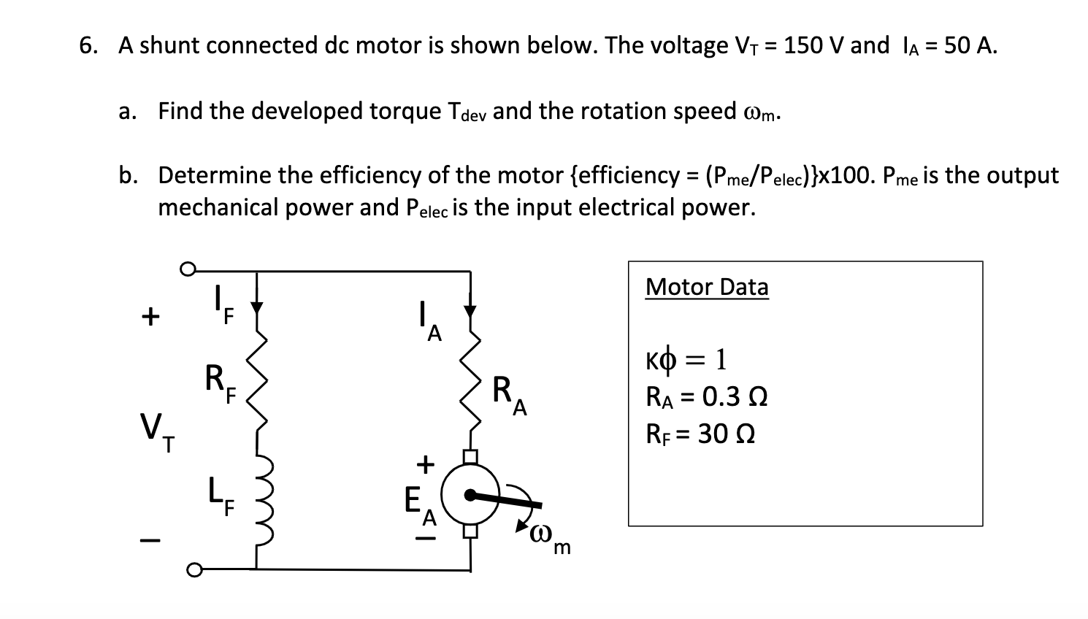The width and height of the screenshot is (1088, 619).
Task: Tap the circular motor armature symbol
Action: [x=470, y=495]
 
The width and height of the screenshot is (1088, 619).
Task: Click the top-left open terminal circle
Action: [x=188, y=271]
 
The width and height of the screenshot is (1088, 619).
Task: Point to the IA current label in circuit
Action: [x=429, y=323]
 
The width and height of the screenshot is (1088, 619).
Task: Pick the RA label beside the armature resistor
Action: [x=508, y=394]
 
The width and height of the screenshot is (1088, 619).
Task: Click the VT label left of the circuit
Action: [x=156, y=431]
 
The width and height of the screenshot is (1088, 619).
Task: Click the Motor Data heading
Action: [x=706, y=287]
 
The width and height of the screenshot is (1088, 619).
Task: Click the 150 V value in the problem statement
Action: [x=813, y=45]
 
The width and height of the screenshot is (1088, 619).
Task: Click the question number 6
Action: [x=88, y=45]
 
